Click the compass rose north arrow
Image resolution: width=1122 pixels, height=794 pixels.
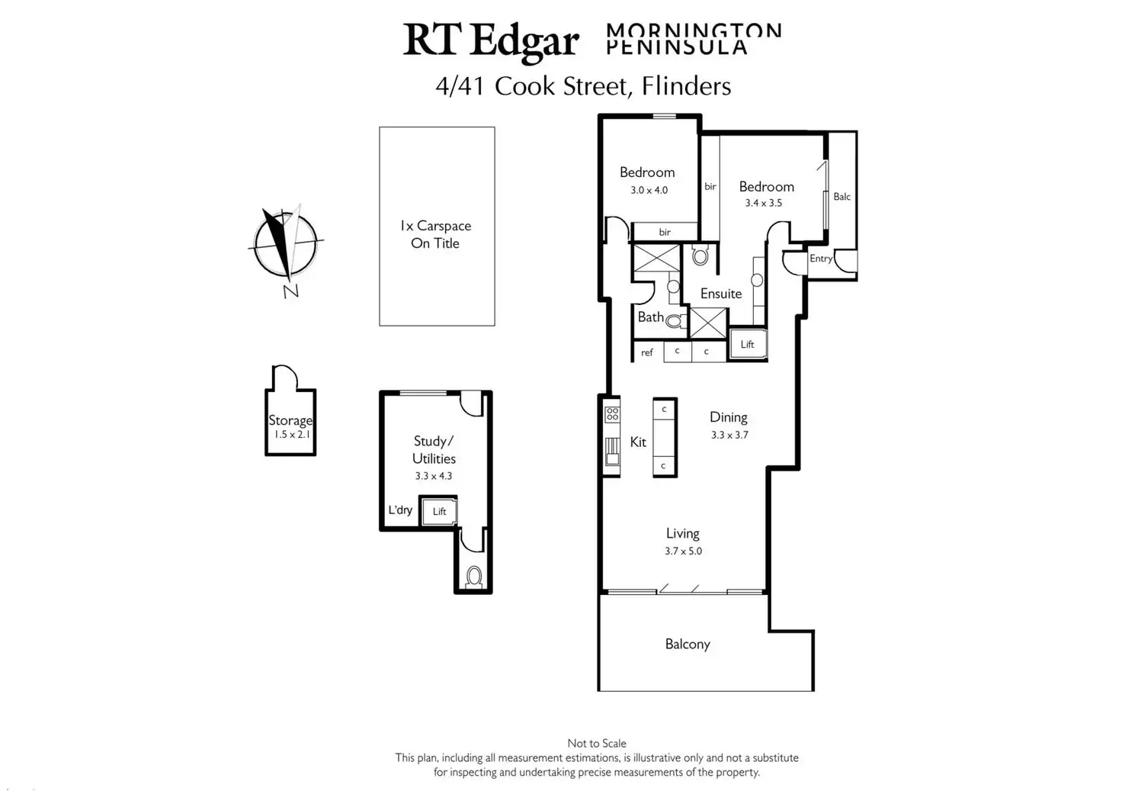286,244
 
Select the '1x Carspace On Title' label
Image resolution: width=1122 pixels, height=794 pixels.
435,235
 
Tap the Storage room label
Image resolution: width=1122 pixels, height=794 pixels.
290,420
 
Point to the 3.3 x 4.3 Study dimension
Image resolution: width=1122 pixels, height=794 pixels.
433,476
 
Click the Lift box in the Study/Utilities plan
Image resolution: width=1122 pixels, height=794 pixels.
439,512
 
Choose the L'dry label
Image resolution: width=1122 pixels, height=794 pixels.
400,510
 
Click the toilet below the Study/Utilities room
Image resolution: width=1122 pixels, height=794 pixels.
474,577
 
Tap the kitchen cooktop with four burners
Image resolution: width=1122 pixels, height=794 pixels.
612,414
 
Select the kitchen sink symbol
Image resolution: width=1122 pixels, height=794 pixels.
612,452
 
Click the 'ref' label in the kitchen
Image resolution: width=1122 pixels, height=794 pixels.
646,353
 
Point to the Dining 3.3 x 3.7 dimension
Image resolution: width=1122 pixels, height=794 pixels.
729,435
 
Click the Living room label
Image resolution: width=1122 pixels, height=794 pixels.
683,533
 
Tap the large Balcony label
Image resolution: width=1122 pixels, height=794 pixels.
688,644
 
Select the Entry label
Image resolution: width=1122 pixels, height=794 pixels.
821,259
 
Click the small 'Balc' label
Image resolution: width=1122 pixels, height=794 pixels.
842,197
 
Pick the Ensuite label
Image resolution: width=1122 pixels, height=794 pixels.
721,294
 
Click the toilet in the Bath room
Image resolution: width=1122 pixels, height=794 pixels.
675,320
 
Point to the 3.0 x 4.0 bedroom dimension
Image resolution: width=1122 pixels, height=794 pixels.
649,191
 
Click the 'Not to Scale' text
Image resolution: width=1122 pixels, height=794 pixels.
597,744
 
